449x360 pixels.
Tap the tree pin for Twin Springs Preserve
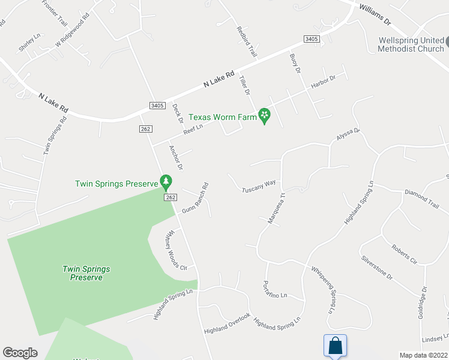166,182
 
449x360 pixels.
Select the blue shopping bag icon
335,346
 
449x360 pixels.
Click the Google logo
20,353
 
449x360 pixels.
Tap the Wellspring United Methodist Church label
411,44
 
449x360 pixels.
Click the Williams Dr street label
375,15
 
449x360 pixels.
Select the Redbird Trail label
247,42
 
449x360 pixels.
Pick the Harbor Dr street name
323,82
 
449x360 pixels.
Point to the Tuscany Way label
259,186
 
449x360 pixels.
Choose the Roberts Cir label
404,254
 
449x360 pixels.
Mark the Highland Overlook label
226,323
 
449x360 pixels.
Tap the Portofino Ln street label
276,289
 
